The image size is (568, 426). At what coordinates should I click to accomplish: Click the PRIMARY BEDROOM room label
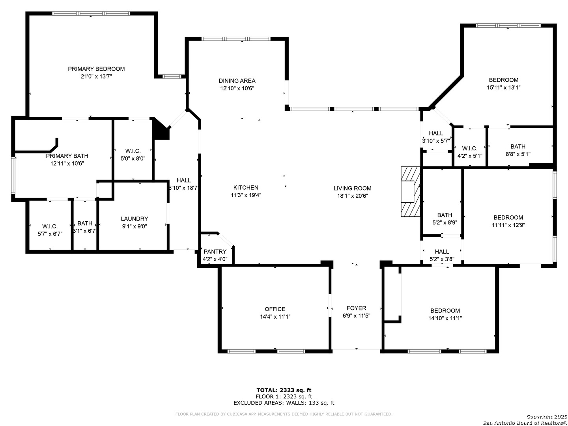click(x=96, y=69)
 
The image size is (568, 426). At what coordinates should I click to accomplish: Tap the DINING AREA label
click(x=237, y=81)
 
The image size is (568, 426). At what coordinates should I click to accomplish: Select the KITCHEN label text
click(x=246, y=187)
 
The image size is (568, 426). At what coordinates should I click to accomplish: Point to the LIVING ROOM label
click(x=352, y=188)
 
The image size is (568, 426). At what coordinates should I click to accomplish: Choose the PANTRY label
click(x=215, y=251)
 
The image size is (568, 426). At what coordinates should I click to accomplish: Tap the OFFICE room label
click(x=275, y=309)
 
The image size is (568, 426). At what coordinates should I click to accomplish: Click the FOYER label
click(x=356, y=308)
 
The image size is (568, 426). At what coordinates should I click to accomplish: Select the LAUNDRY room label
click(x=134, y=219)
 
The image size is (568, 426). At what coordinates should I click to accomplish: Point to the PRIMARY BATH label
click(x=67, y=156)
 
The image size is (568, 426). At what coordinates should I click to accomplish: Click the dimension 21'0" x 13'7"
click(x=96, y=77)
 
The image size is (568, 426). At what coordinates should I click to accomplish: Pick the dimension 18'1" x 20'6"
click(x=352, y=196)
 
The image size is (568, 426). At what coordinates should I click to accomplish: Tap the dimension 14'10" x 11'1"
click(x=445, y=318)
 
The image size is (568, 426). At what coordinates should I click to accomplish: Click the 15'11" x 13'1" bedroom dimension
click(x=503, y=88)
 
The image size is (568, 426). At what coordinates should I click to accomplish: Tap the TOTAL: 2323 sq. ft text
click(x=284, y=390)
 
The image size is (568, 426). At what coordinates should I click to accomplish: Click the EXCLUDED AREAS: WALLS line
click(x=284, y=403)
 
